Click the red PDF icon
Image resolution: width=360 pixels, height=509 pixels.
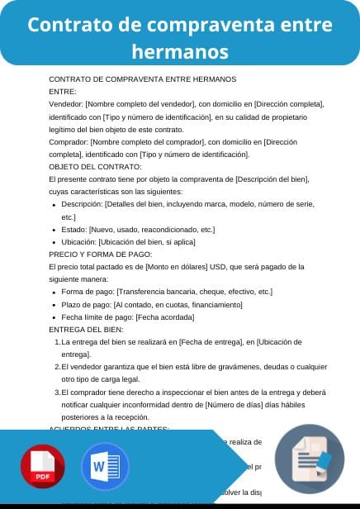(x=44, y=468)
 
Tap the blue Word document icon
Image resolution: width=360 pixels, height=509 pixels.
(x=105, y=468)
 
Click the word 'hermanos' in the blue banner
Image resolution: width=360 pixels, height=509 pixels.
(x=179, y=52)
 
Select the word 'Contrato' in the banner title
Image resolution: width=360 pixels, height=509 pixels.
(x=68, y=25)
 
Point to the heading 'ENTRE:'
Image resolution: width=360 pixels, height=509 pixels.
(x=63, y=92)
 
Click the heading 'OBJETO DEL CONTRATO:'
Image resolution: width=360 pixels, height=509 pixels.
(x=95, y=166)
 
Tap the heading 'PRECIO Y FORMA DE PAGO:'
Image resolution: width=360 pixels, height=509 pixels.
(x=101, y=254)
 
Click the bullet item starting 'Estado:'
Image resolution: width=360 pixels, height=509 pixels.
(x=138, y=229)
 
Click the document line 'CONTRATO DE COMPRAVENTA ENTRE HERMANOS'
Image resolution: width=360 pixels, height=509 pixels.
(x=143, y=79)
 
